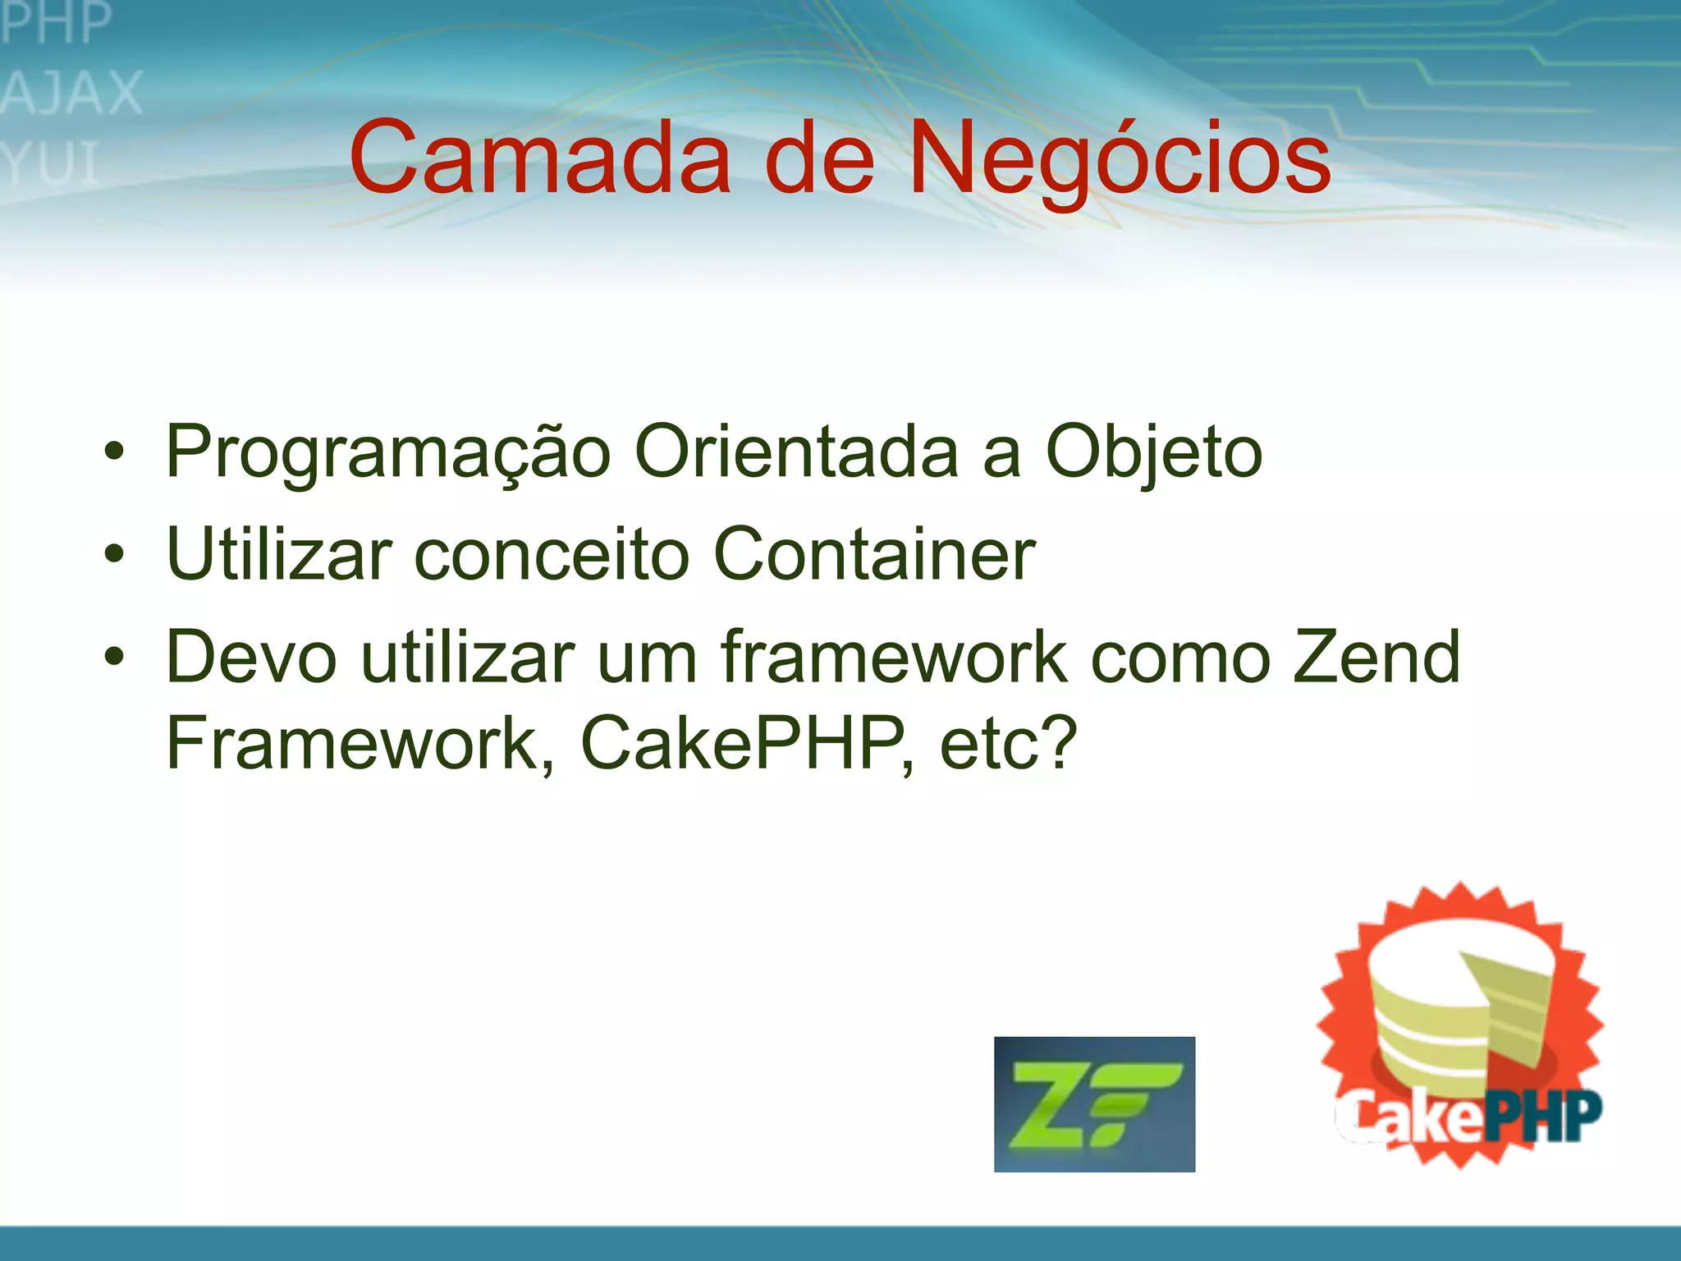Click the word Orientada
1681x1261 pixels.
(796, 452)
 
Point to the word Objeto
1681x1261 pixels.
(1153, 452)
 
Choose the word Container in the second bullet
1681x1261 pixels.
(875, 555)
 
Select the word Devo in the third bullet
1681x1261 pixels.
(251, 657)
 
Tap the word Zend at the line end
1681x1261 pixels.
(1376, 657)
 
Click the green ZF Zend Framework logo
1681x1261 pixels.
(1094, 1104)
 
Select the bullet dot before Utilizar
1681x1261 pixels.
(114, 555)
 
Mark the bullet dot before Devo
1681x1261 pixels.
(114, 657)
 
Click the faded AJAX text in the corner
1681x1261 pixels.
(72, 93)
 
